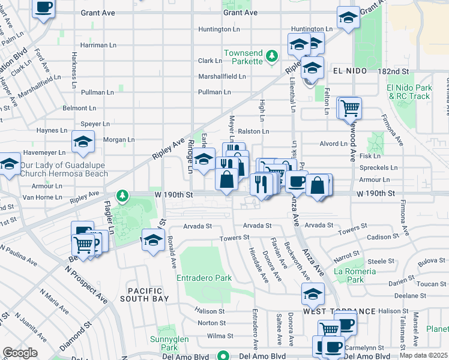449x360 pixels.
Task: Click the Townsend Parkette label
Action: pyautogui.click(x=243, y=57)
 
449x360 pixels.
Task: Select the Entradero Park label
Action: pyautogui.click(x=204, y=278)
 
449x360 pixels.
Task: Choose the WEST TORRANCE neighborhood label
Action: pyautogui.click(x=339, y=311)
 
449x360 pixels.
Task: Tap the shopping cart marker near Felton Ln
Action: pyautogui.click(x=350, y=109)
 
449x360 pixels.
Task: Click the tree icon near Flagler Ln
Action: pyautogui.click(x=122, y=195)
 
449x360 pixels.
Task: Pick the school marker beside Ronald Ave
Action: pyautogui.click(x=153, y=240)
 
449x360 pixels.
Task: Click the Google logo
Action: pyautogui.click(x=20, y=353)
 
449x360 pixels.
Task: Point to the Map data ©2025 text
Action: pyautogui.click(x=423, y=355)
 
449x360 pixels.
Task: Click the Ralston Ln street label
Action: pyautogui.click(x=253, y=131)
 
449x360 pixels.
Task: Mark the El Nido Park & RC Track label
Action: pyautogui.click(x=409, y=92)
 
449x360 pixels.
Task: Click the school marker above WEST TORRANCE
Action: pyautogui.click(x=313, y=295)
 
